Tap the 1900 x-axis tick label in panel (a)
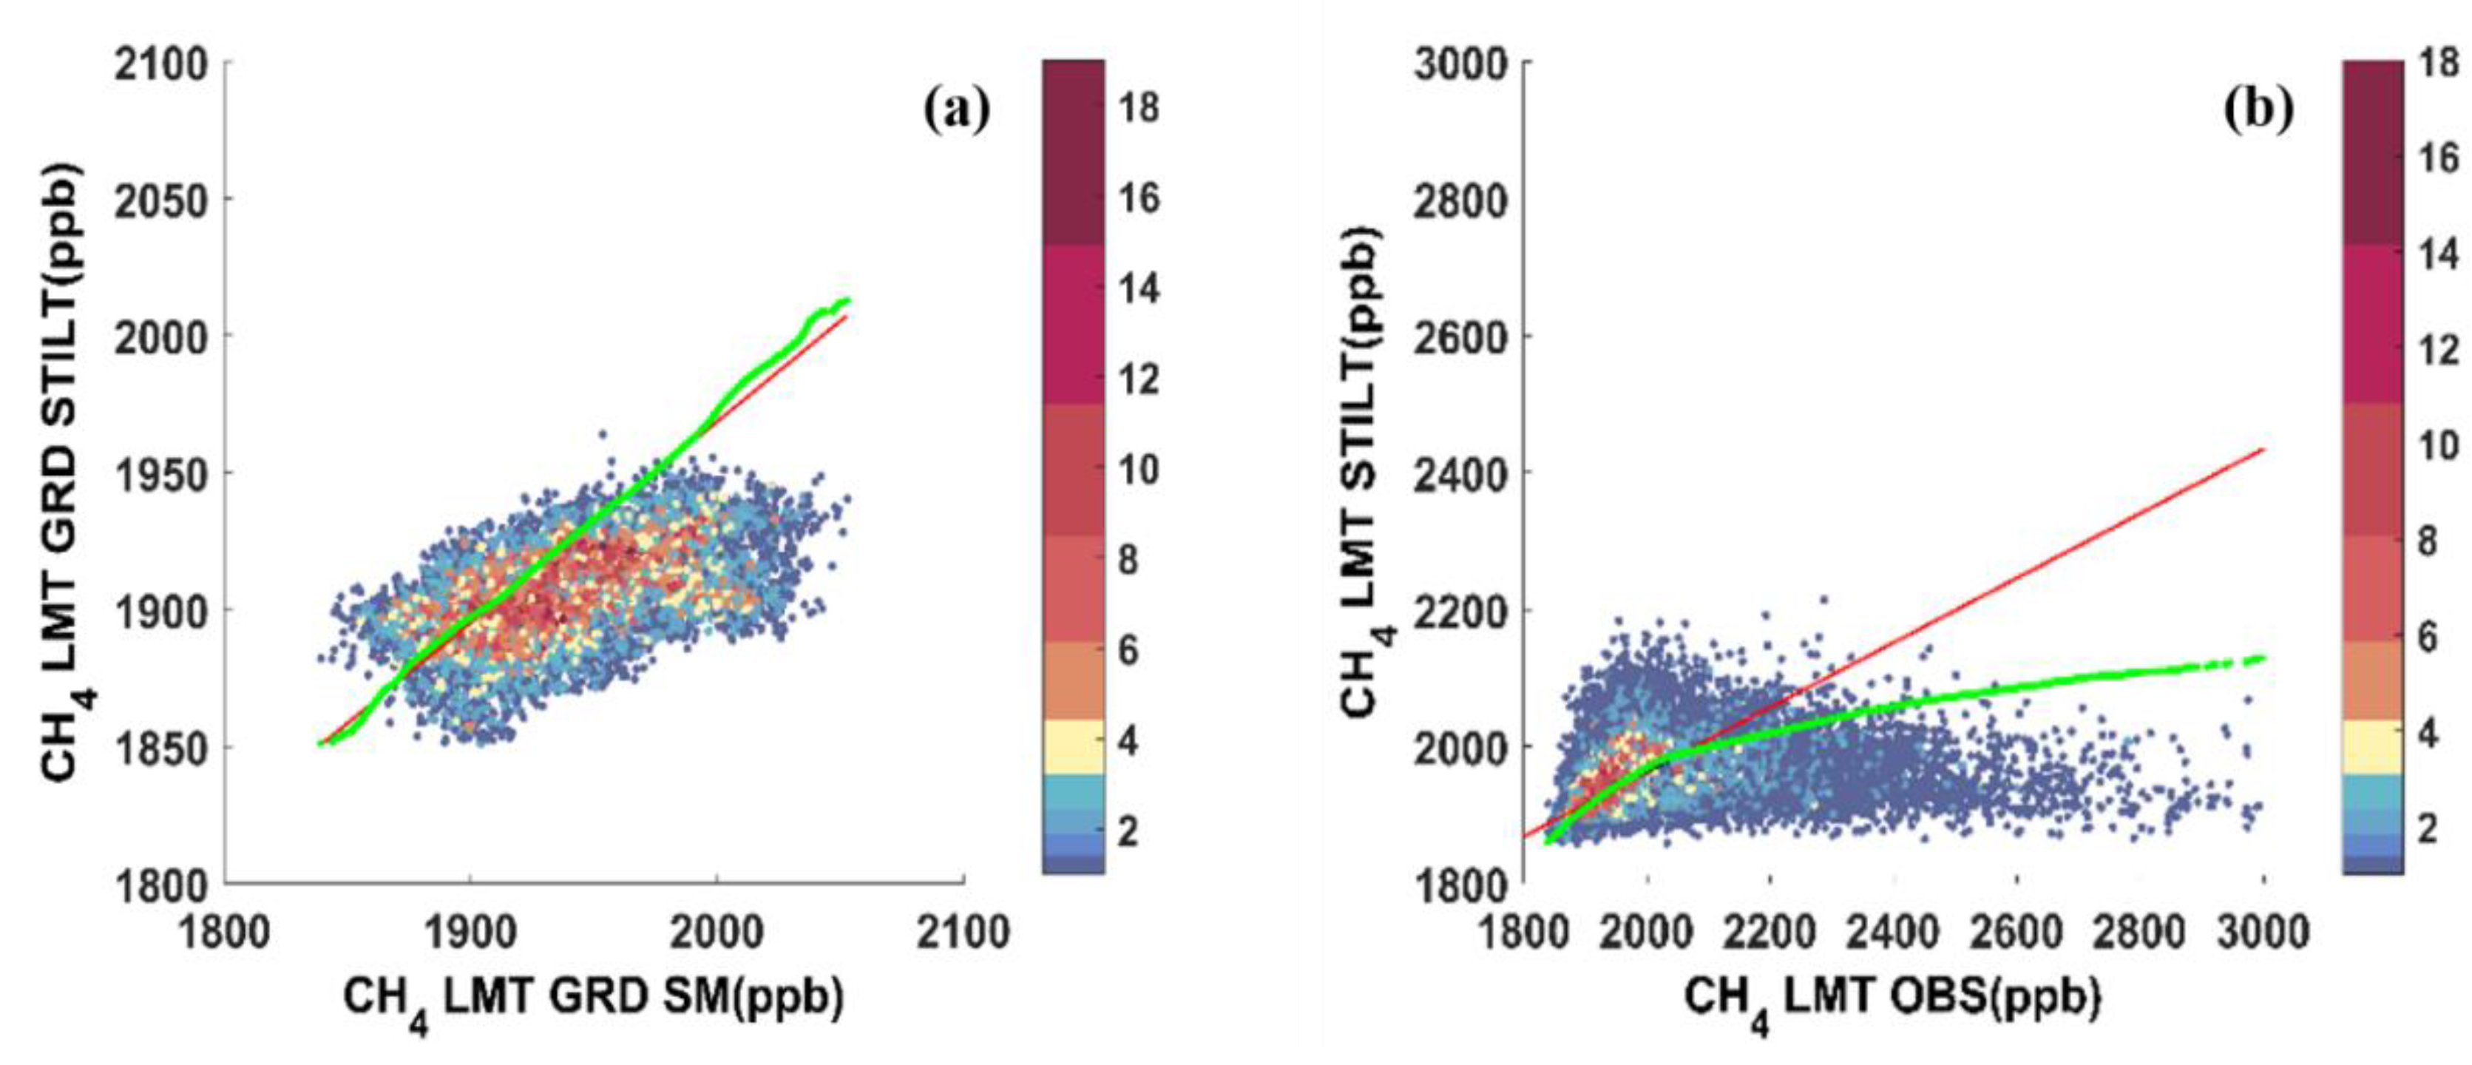[x=470, y=933]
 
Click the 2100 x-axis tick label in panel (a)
[x=963, y=933]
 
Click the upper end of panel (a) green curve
[x=847, y=300]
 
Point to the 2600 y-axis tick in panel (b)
[x=1460, y=337]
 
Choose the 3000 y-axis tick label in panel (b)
[x=1460, y=65]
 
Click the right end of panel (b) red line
[x=2263, y=449]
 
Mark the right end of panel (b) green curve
[x=2263, y=658]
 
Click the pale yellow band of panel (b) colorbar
[x=2372, y=746]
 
